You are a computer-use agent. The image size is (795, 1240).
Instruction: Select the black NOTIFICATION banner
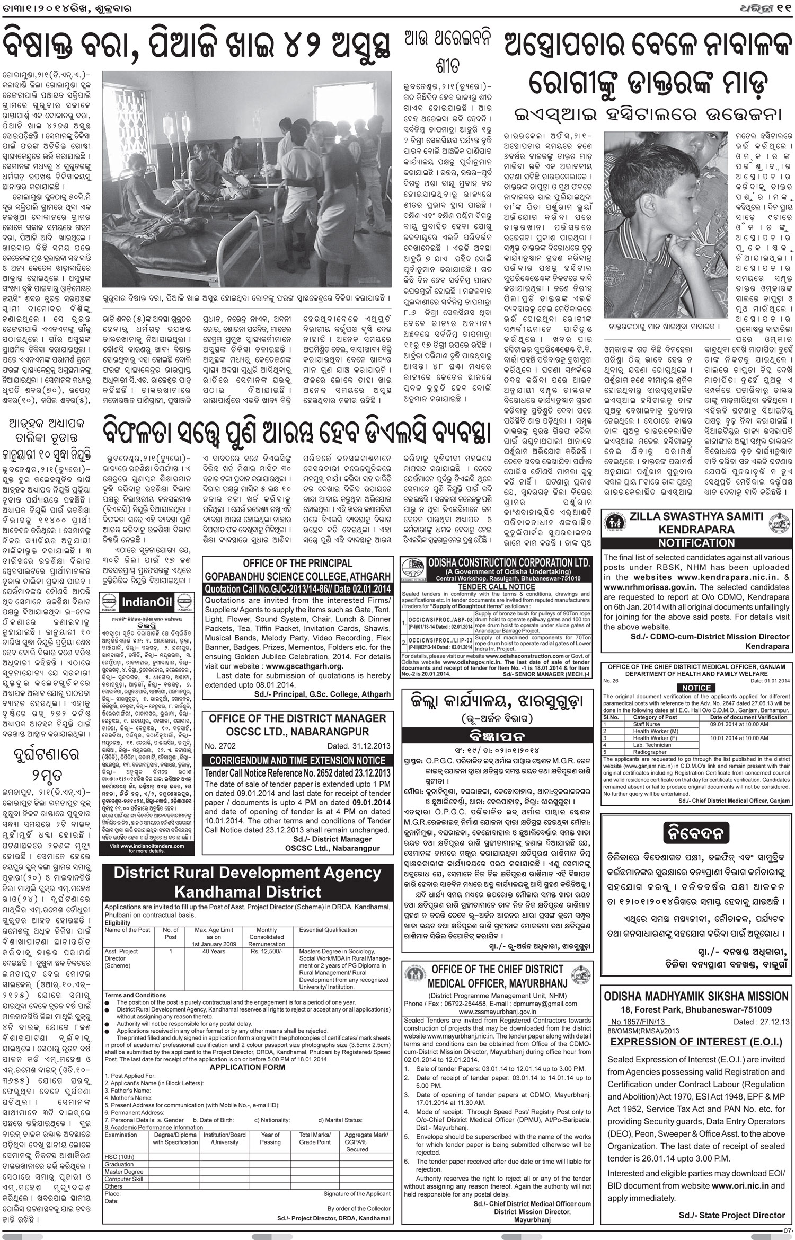pos(696,543)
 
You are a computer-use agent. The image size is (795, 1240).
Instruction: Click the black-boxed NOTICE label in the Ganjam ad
pos(696,688)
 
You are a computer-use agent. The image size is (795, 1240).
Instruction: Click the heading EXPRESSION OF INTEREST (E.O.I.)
pos(696,1042)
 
